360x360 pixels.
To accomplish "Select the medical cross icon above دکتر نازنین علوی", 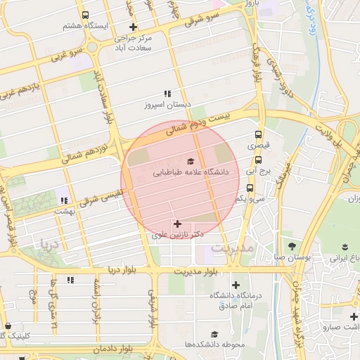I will point(176,224).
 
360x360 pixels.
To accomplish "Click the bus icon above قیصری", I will point(259,135).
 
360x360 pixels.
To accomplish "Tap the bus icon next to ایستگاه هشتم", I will point(85,15).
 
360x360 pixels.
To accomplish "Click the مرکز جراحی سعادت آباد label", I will point(133,44).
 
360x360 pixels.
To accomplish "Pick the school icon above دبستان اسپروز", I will point(167,94).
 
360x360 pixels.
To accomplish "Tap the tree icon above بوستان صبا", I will point(292,245).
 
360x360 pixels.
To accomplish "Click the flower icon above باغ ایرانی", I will point(345,245).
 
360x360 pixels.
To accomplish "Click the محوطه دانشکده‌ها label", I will point(221,345).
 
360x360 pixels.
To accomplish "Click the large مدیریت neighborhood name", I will point(231,249).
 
